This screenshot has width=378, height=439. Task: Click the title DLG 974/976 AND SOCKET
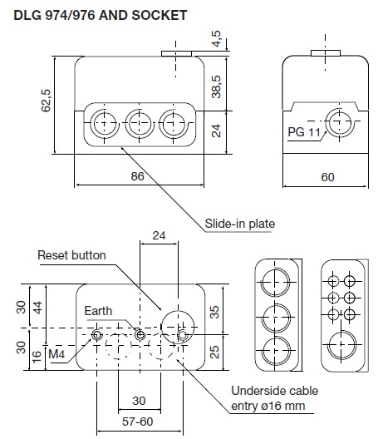tap(101, 15)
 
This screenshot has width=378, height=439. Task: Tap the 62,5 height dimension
tap(46, 101)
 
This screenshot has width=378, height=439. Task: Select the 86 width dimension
tap(137, 176)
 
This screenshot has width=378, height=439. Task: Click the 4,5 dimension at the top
tap(216, 39)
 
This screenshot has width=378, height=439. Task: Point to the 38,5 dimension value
tap(216, 86)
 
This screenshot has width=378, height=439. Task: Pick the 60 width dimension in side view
tap(327, 177)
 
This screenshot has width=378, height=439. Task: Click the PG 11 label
tap(304, 132)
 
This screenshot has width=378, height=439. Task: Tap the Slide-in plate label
tap(240, 224)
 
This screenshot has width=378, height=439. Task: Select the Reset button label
tap(71, 255)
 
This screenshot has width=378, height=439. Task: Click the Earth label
tap(98, 311)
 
